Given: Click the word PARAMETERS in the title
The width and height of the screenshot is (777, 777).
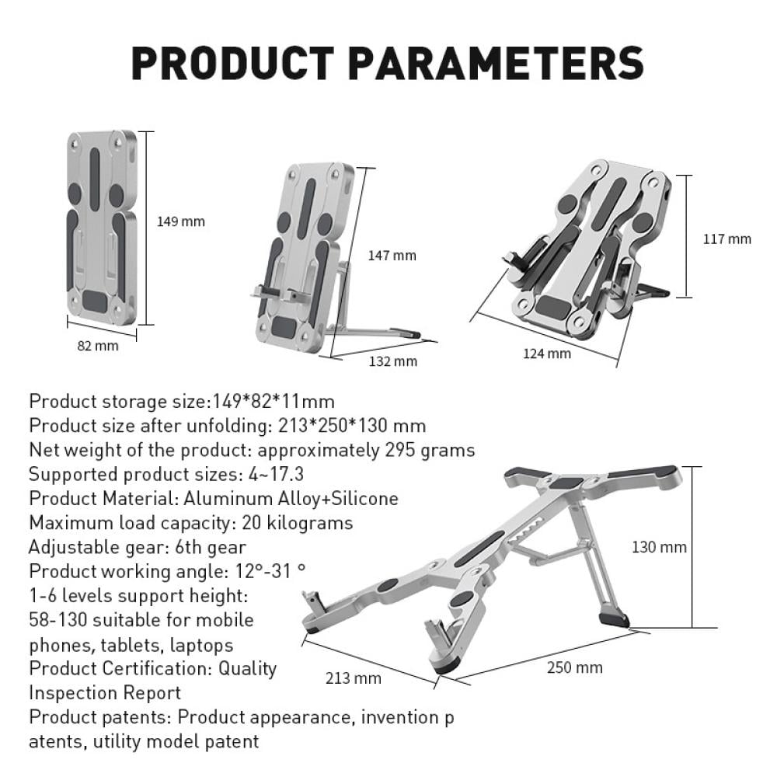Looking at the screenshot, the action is [496, 63].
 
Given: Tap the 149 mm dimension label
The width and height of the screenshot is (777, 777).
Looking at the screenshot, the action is [181, 221].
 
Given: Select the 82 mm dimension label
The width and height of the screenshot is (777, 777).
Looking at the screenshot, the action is [98, 346].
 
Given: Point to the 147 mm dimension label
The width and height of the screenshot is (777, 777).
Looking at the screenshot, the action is [392, 256].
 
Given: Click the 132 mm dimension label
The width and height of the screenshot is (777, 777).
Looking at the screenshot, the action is [393, 361].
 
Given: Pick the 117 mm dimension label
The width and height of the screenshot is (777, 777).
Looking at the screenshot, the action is [727, 239].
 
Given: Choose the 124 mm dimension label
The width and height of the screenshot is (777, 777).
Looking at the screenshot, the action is [547, 354].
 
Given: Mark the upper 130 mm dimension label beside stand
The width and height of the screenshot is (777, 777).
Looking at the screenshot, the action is [659, 547].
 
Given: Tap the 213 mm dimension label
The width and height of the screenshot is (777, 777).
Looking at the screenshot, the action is [354, 678].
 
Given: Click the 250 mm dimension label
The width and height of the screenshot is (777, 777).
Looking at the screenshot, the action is [575, 667].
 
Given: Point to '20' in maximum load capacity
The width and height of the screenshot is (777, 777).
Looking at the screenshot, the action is [251, 523].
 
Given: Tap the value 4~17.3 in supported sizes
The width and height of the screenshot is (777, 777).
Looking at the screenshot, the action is [276, 474].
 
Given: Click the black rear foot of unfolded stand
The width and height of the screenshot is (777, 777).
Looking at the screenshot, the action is [614, 619].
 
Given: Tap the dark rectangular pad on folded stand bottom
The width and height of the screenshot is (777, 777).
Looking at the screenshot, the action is [95, 301].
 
